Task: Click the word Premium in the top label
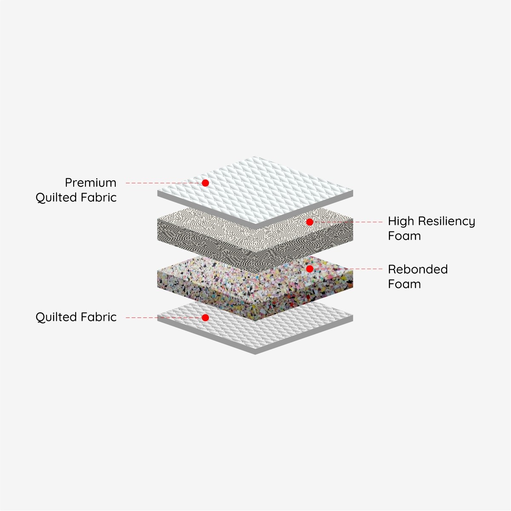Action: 91,183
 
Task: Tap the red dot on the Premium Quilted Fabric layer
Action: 205,183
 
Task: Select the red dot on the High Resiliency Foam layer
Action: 309,222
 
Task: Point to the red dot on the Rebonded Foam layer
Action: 309,269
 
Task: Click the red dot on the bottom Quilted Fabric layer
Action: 205,317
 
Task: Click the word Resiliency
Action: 447,222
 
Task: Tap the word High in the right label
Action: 401,222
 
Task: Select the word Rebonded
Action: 418,269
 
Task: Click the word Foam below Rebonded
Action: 404,284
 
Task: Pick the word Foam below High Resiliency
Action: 404,236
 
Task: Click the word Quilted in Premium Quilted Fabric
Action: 56,198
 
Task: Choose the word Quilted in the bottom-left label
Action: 56,317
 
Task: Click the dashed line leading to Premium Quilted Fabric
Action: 164,183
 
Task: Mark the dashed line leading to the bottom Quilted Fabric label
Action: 164,317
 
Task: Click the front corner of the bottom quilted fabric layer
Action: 255,354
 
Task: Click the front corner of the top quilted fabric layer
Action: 255,229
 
